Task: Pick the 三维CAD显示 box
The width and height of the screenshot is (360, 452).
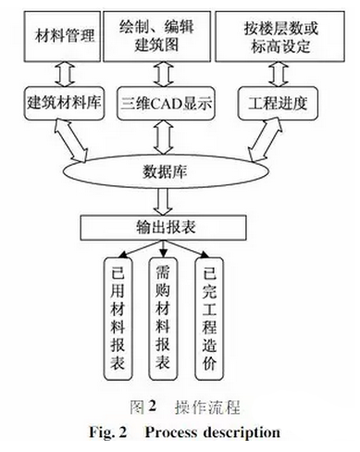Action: coord(168,101)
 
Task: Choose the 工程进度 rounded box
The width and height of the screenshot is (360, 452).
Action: coord(274,101)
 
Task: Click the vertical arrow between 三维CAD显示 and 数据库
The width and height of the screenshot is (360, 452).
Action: coord(168,135)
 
